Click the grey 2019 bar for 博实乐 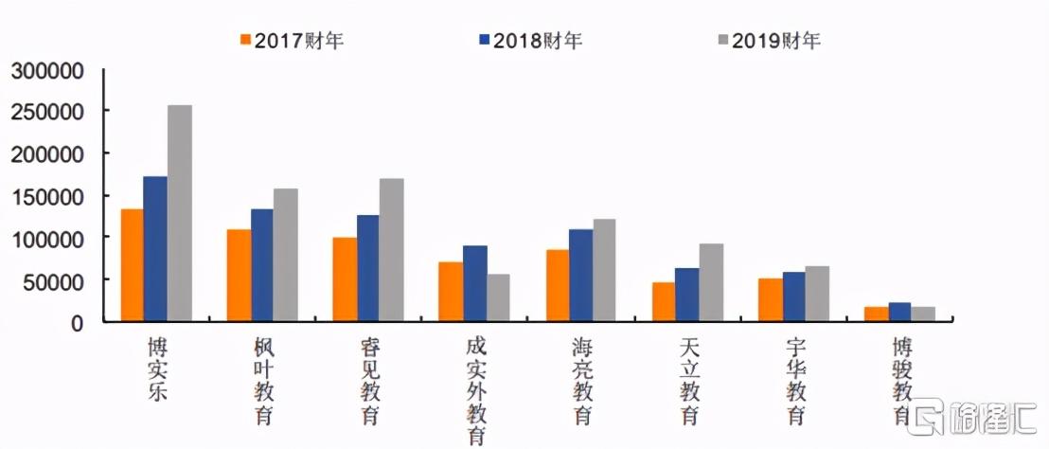pos(180,213)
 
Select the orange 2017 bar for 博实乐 pos(133,265)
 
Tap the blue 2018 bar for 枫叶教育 pos(262,265)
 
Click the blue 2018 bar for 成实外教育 pos(475,283)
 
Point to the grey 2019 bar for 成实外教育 pos(498,298)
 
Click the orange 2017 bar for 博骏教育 pos(877,314)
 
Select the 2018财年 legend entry pos(530,40)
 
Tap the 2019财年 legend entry pos(769,40)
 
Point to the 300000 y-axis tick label pos(47,71)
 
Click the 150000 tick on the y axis pos(47,196)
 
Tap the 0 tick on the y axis pos(79,322)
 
